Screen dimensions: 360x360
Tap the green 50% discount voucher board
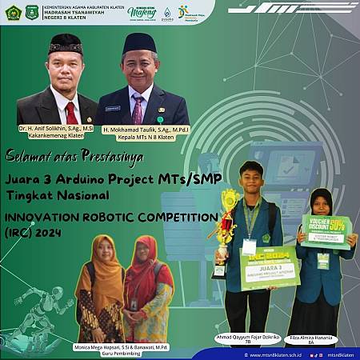pos(326,232)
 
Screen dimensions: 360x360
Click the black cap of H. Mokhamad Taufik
pos(139,42)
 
